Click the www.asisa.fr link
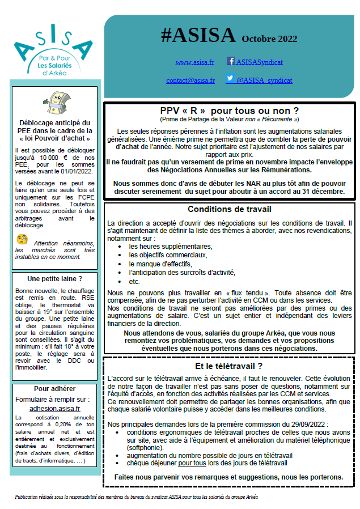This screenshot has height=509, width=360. (x=194, y=62)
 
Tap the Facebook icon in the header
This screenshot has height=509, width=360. (x=231, y=61)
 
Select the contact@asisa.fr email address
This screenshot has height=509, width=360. (x=190, y=80)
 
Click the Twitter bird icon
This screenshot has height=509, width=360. (x=230, y=79)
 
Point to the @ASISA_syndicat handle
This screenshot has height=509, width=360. (x=264, y=80)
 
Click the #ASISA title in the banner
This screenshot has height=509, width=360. (x=198, y=36)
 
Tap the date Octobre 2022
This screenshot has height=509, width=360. (x=269, y=39)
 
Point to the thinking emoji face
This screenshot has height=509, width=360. (x=22, y=239)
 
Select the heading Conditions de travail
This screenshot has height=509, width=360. (x=229, y=209)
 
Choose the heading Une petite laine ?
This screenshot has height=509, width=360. (x=55, y=278)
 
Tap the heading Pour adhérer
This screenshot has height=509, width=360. (x=54, y=389)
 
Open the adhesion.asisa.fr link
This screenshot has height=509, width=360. (x=54, y=408)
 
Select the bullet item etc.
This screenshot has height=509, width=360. (x=134, y=281)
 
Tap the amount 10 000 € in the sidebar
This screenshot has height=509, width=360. (x=65, y=156)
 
